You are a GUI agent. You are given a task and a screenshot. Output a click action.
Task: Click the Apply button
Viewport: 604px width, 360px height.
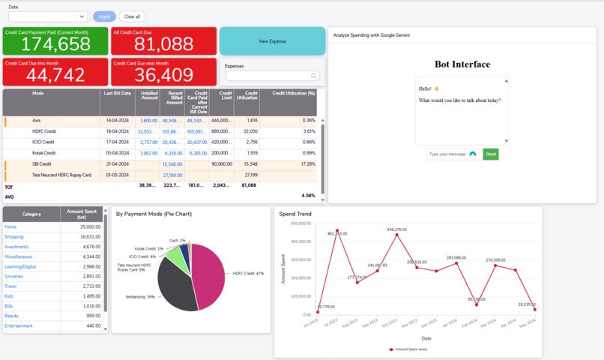(x=104, y=16)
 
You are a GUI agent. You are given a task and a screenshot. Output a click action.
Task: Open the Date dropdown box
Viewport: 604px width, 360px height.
(x=48, y=16)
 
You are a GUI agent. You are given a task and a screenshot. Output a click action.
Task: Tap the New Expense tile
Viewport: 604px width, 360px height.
(x=272, y=42)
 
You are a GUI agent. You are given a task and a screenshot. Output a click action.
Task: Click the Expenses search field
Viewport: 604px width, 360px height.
(x=272, y=76)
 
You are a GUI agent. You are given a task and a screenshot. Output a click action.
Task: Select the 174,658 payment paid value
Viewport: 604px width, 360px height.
(x=55, y=44)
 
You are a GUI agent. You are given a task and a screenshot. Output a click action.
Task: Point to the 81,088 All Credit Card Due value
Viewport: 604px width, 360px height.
(x=163, y=44)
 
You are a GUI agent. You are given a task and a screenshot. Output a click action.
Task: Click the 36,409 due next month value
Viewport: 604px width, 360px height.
(x=163, y=75)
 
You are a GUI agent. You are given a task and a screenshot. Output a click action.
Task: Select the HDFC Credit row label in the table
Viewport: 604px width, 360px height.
(x=44, y=131)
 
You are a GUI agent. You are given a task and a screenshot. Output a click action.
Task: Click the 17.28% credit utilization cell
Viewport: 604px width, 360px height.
(x=303, y=163)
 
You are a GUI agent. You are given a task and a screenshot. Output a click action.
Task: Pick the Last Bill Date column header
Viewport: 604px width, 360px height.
(x=118, y=93)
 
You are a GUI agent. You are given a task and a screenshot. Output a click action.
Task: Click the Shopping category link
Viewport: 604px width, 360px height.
(x=15, y=237)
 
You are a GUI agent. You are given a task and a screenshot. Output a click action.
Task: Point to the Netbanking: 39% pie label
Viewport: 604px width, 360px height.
(x=140, y=297)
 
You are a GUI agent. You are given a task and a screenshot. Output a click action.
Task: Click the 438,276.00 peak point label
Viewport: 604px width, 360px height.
(x=396, y=229)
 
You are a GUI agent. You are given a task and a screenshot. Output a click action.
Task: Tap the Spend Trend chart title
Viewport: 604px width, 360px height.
(x=295, y=214)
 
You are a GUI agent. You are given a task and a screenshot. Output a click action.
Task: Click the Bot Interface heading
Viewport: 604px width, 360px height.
(x=462, y=64)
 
